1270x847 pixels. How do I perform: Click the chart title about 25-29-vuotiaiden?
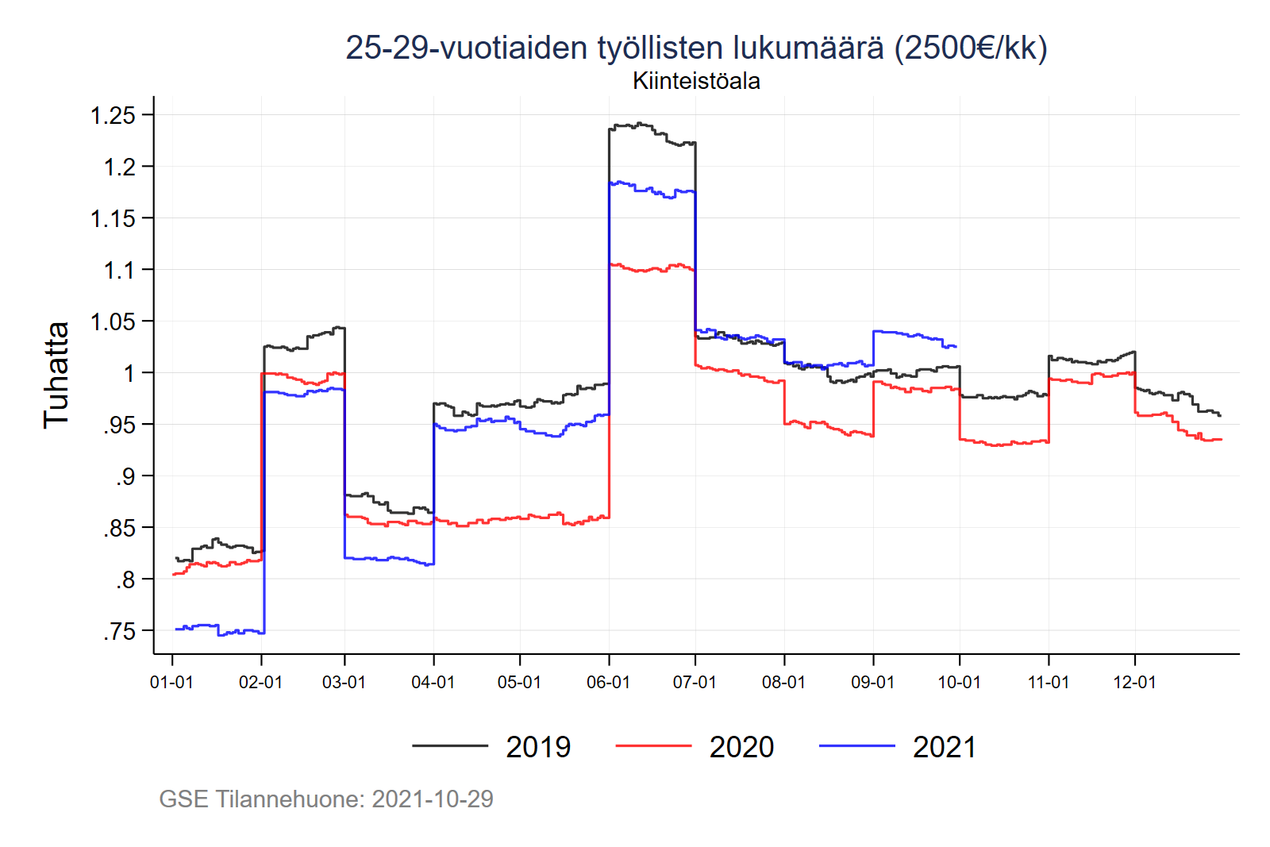(x=696, y=48)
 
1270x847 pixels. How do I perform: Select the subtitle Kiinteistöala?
(x=696, y=81)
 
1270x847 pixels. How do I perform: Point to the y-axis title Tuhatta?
(x=56, y=375)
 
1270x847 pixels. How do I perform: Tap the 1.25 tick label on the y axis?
(x=113, y=116)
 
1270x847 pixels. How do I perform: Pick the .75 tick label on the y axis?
(x=119, y=632)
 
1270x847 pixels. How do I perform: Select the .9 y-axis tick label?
(x=125, y=477)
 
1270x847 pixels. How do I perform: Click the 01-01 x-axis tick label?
(x=171, y=683)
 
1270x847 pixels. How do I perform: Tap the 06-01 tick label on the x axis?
(x=608, y=683)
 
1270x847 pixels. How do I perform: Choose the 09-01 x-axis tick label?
(x=872, y=683)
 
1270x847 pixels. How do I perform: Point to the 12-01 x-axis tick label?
(x=1134, y=683)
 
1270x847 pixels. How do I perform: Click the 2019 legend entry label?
(x=538, y=747)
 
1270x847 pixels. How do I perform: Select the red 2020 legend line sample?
(x=653, y=746)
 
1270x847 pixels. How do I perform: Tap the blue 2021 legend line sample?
(x=856, y=746)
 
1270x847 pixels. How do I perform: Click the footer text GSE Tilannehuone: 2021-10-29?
(x=326, y=799)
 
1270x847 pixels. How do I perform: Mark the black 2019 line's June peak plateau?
(x=651, y=129)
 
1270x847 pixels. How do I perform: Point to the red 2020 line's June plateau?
(x=651, y=268)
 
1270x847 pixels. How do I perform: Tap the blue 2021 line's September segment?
(x=913, y=335)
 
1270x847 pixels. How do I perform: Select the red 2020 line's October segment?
(x=1004, y=443)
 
